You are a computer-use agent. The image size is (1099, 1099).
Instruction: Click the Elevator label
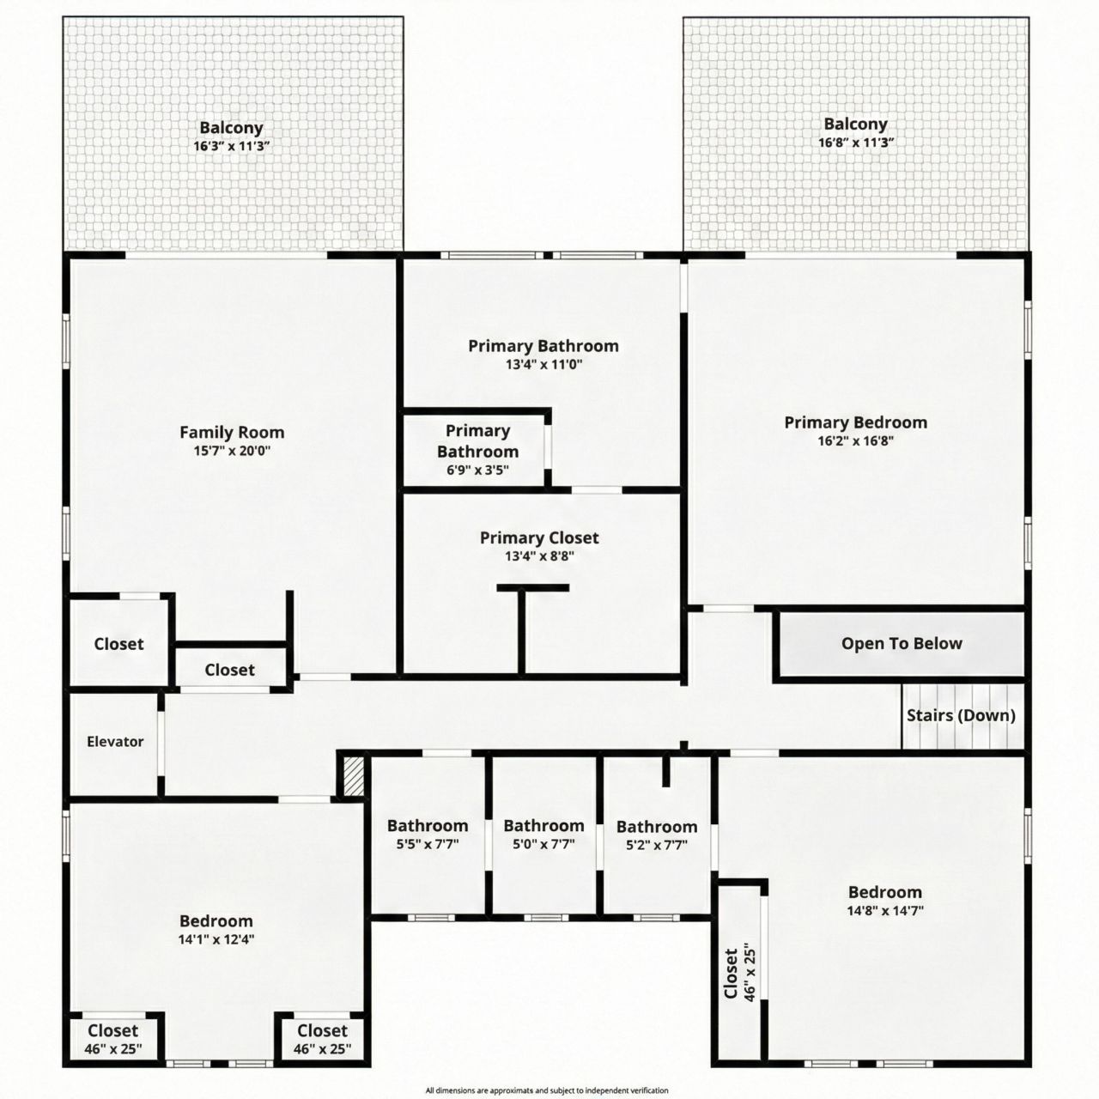point(115,742)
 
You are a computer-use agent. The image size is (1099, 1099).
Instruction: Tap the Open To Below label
point(902,644)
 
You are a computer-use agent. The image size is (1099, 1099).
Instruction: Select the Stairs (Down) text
point(961,715)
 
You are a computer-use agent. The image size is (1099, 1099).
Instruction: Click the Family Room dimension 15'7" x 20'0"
point(232,451)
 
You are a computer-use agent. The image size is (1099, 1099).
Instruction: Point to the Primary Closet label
point(539,537)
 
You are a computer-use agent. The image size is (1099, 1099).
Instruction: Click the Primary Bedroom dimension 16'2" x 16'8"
point(855,440)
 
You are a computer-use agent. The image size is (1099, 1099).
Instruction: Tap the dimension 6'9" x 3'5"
point(477,471)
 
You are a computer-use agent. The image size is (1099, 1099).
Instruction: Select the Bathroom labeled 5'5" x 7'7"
point(428,826)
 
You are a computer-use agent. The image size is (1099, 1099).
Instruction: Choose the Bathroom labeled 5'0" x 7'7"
point(543,826)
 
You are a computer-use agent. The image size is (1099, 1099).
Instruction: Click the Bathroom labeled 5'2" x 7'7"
point(657,827)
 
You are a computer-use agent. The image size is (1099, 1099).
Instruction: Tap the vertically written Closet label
point(732,973)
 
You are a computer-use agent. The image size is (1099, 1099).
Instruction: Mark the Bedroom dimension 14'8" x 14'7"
point(885,911)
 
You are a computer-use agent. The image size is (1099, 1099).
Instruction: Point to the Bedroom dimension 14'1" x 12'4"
point(216,939)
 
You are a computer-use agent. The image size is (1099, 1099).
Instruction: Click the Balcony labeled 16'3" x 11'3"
point(232,128)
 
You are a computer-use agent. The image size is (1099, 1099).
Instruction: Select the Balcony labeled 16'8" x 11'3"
point(855,124)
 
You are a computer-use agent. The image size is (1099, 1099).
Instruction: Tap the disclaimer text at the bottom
point(547,1090)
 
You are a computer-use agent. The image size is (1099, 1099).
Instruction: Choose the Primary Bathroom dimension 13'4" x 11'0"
point(543,364)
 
